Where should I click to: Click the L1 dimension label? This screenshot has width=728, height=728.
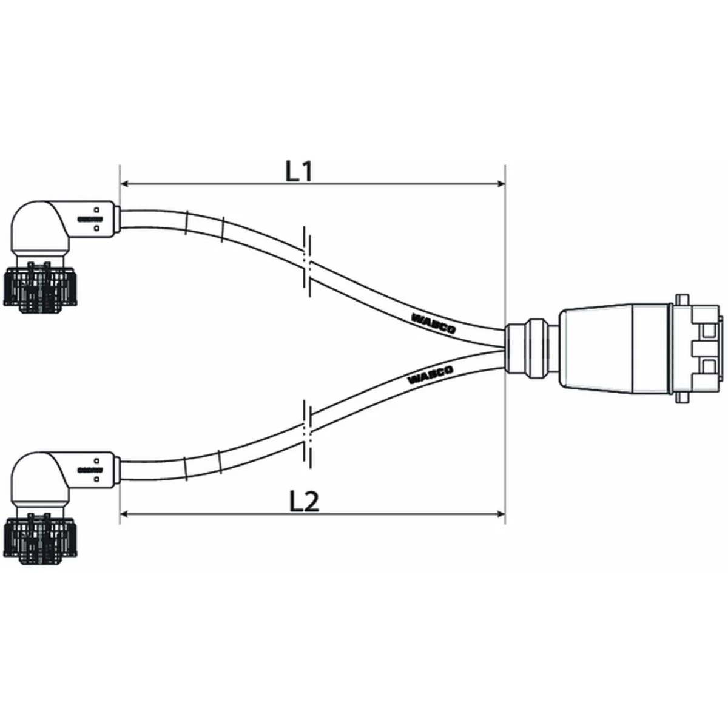pyautogui.click(x=298, y=172)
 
